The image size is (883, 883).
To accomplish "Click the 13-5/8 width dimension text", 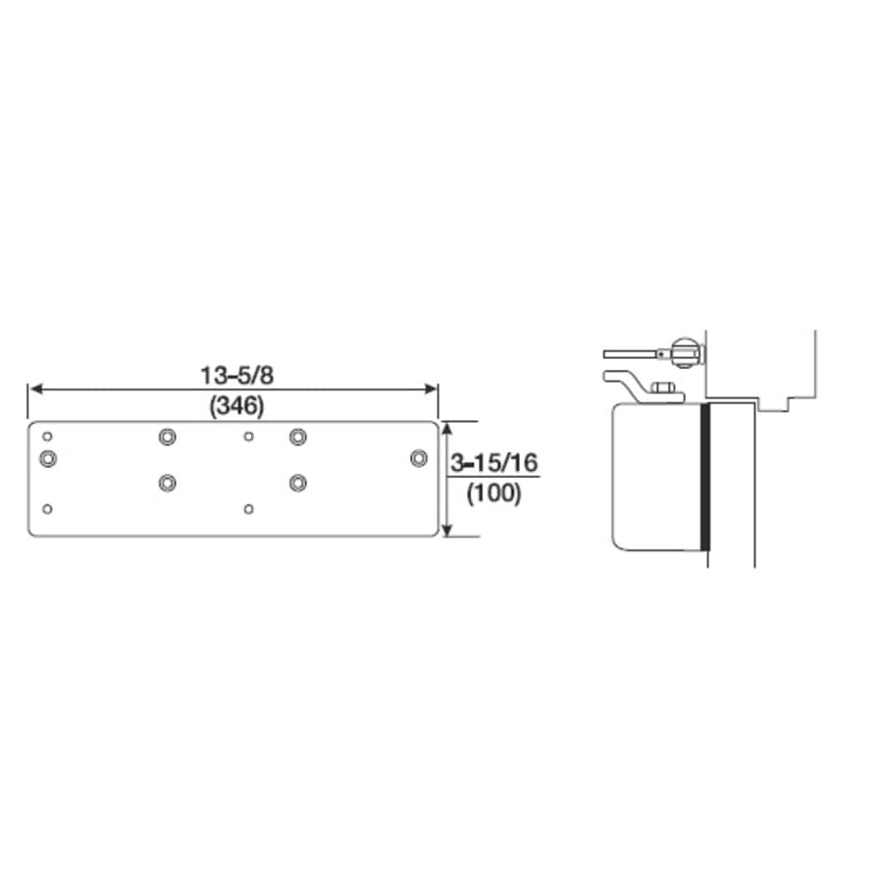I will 233,374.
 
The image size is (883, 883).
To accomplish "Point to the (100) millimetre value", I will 493,493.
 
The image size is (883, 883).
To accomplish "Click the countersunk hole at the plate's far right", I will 419,457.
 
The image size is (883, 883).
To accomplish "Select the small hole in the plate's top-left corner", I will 48,435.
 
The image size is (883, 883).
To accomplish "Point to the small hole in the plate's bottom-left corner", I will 48,508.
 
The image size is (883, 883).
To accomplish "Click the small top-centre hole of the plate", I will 248,435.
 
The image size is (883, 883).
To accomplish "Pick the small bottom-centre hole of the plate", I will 248,508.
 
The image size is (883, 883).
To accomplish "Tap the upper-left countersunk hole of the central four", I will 166,435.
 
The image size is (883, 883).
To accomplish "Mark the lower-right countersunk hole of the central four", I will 297,482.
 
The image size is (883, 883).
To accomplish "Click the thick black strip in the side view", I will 703,479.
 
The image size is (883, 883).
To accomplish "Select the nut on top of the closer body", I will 663,390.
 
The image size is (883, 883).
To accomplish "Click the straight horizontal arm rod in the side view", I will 633,353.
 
